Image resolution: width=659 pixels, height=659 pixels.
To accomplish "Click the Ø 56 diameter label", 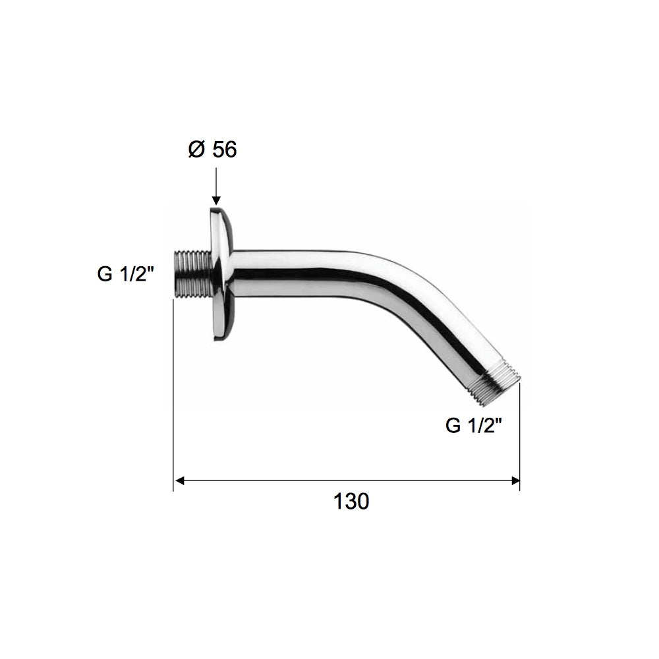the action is (213, 150).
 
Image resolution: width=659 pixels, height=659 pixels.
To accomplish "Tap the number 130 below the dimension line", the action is (351, 501).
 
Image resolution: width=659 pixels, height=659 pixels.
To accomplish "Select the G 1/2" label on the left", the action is (126, 274).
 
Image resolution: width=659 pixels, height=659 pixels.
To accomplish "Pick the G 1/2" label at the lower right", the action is (474, 426).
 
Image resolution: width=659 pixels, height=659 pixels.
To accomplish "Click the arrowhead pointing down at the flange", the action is (216, 200).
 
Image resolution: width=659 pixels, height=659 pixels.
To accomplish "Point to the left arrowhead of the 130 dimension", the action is (179, 481).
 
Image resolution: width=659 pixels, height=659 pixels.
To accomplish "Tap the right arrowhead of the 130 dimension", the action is (515, 481).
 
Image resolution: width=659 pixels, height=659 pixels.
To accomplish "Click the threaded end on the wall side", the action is (192, 273).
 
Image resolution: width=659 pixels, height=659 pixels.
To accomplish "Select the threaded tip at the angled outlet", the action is (496, 386).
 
